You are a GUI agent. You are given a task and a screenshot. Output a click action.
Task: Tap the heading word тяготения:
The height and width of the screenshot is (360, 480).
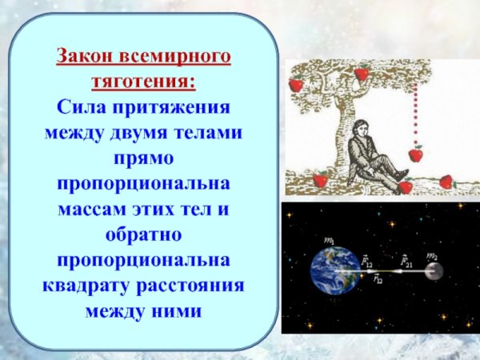(144, 82)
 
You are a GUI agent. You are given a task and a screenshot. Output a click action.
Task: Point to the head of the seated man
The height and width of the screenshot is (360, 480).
(360, 129)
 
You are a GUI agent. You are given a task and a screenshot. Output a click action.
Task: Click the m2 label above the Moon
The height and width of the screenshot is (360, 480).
(432, 255)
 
